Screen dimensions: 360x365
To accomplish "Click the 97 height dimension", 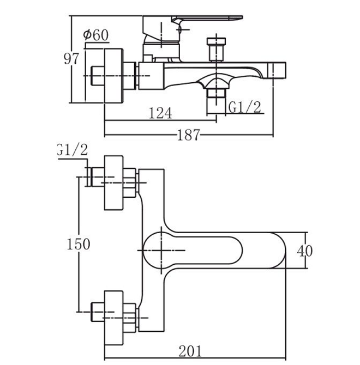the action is [x=71, y=59].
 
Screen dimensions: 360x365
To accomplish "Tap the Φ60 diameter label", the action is [x=96, y=35].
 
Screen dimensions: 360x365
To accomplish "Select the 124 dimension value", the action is [x=160, y=113].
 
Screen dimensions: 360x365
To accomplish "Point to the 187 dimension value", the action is [x=189, y=135].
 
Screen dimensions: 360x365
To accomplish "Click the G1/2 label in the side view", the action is [x=244, y=107].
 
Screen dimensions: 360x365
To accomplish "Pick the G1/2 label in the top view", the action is [x=73, y=149].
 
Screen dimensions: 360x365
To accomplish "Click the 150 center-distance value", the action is [x=79, y=244].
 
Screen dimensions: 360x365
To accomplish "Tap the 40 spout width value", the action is [x=305, y=251].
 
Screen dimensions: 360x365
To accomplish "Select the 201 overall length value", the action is [x=190, y=351].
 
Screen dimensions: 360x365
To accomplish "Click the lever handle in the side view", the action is [x=207, y=20].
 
